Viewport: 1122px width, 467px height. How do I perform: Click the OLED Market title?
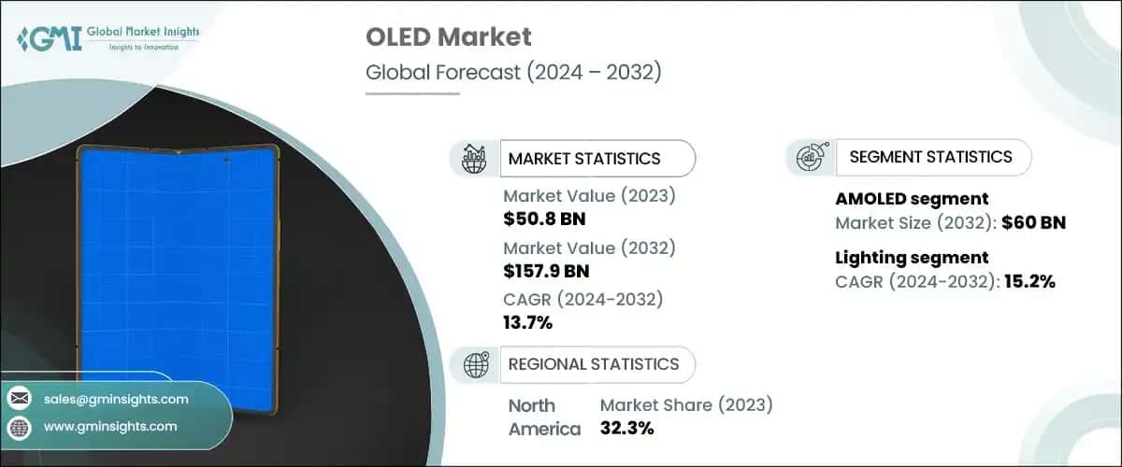pyautogui.click(x=450, y=37)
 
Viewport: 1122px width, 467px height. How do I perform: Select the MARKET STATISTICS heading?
pyautogui.click(x=583, y=159)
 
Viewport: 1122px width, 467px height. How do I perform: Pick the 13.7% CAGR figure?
pyautogui.click(x=528, y=323)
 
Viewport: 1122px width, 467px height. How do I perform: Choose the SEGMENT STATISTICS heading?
pyautogui.click(x=930, y=157)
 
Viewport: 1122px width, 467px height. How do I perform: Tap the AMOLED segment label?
pyautogui.click(x=912, y=199)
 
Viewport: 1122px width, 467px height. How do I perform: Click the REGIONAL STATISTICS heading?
pyautogui.click(x=593, y=363)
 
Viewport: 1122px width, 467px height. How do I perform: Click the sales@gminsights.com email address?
pyautogui.click(x=116, y=399)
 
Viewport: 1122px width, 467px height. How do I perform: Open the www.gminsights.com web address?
pyautogui.click(x=110, y=427)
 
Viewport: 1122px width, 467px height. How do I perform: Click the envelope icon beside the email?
pyautogui.click(x=19, y=399)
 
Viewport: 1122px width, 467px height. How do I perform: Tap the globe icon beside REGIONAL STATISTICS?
pyautogui.click(x=476, y=364)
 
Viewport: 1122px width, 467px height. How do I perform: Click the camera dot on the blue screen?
pyautogui.click(x=227, y=161)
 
